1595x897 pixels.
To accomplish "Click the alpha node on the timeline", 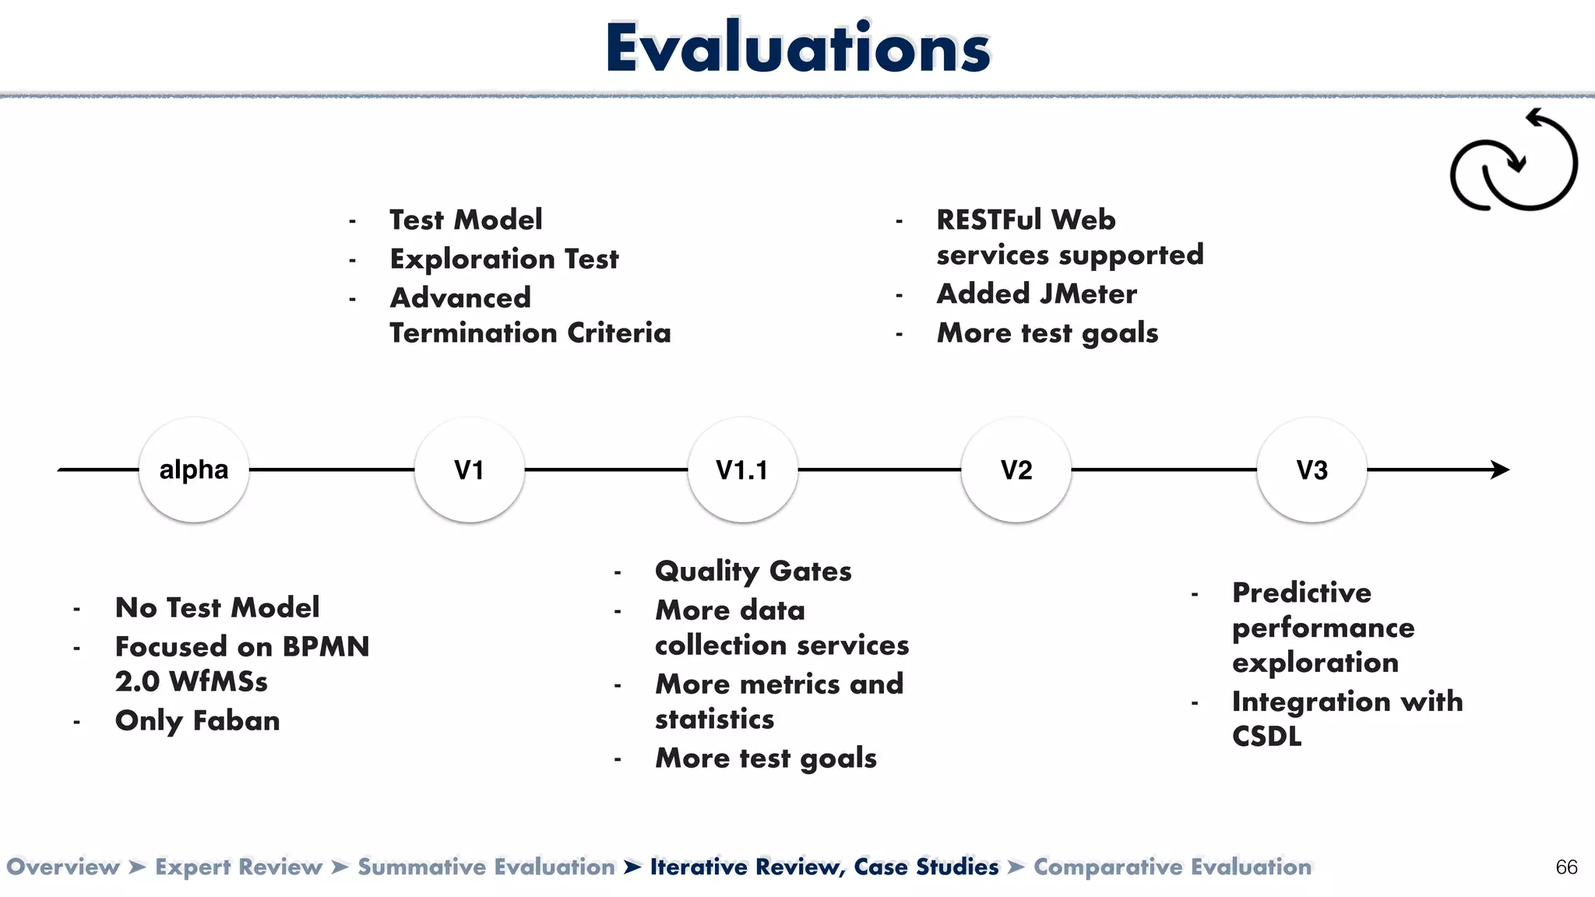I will [x=194, y=470].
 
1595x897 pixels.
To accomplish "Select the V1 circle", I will [x=469, y=470].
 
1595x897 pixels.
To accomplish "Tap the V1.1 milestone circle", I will [x=742, y=470].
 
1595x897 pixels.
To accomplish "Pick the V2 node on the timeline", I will [x=1016, y=470].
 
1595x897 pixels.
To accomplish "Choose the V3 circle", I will [x=1312, y=470].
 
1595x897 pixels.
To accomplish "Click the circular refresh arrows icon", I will [x=1513, y=161].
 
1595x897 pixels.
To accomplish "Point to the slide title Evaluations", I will [x=797, y=48].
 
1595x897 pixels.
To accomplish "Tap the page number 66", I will [x=1566, y=867].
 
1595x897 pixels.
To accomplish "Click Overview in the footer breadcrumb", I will [x=63, y=867].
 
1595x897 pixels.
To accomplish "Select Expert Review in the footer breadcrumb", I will [x=238, y=867].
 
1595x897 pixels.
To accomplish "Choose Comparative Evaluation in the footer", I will [x=1172, y=867].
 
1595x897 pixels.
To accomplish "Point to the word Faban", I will [x=236, y=721].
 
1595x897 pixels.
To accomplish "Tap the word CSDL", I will [x=1266, y=737].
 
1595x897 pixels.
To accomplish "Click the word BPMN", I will [x=326, y=647].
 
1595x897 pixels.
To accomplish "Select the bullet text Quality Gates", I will [x=753, y=572].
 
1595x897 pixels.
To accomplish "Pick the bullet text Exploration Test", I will [x=504, y=259].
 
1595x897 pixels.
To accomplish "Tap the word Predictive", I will [x=1301, y=593].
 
